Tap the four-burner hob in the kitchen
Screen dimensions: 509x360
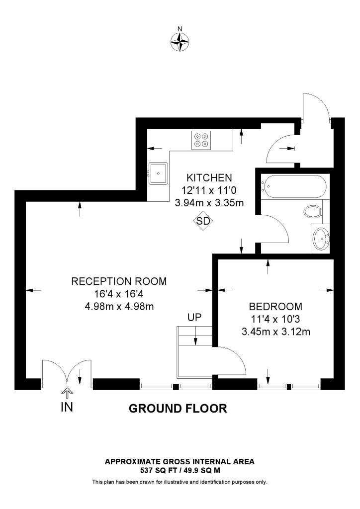coord(201,140)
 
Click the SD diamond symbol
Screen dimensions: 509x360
coord(203,222)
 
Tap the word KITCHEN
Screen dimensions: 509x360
coord(209,177)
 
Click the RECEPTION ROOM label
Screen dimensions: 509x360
coord(119,281)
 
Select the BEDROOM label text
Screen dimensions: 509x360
coord(275,306)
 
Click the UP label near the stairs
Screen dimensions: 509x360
coord(195,317)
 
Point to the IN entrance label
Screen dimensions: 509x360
coord(67,407)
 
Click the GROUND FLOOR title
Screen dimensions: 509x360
coord(178,409)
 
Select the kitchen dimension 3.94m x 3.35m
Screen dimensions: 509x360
coord(209,203)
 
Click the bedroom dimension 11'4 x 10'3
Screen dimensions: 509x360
coord(275,319)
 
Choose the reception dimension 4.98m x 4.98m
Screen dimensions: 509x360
coord(119,306)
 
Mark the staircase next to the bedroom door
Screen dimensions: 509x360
coord(195,350)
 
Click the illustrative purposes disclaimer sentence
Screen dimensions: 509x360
coord(180,482)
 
